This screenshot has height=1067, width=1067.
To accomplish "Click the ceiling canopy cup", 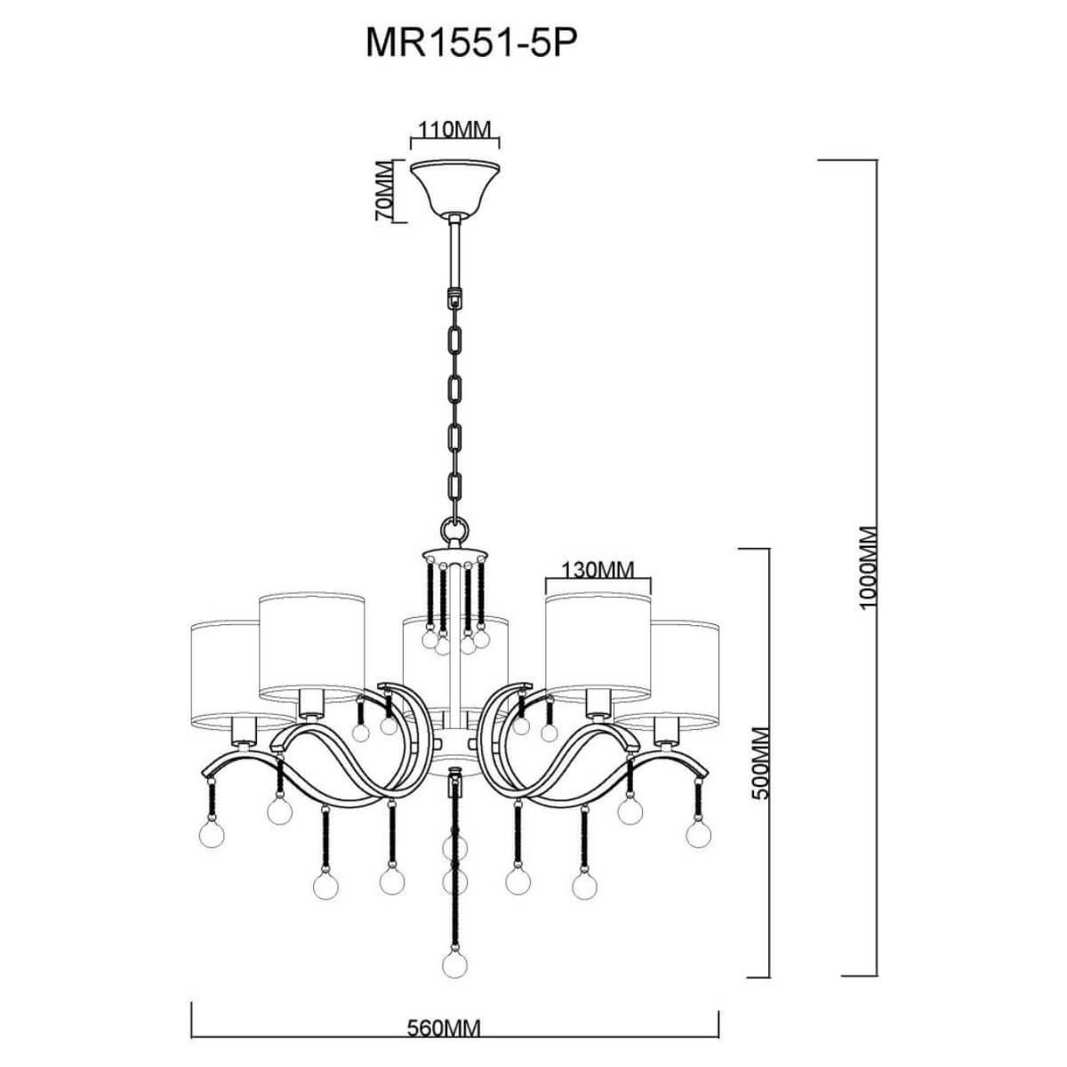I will [x=454, y=185].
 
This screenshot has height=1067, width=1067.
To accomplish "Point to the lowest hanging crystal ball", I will [x=455, y=964].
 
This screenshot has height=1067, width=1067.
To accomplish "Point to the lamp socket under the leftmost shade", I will [x=242, y=731].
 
